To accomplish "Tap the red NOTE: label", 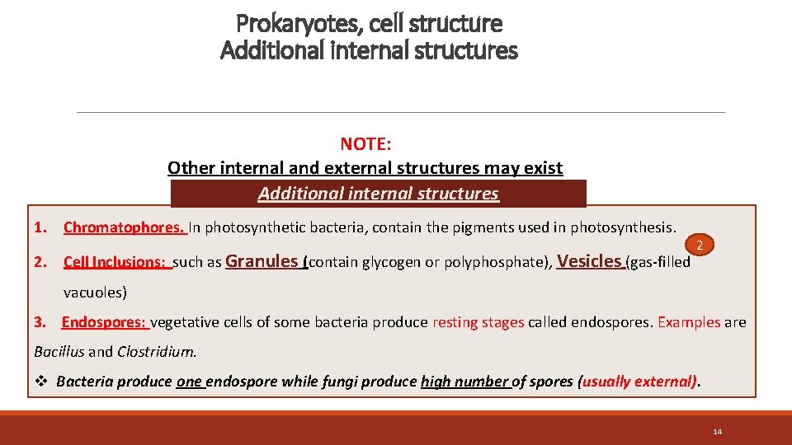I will [365, 144].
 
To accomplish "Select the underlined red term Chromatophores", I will [124, 227].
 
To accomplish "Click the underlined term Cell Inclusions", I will [116, 263].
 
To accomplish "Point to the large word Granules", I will [262, 261].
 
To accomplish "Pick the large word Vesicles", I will [589, 261].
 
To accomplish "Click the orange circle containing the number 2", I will [700, 245].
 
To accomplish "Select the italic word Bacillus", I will [59, 351].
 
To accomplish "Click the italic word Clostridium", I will [157, 351].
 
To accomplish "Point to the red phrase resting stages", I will [478, 322].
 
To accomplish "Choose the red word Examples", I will [689, 322].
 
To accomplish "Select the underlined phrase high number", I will [464, 382].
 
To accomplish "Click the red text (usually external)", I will [639, 382].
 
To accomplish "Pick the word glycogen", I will [386, 263].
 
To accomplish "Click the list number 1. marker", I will [40, 227].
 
